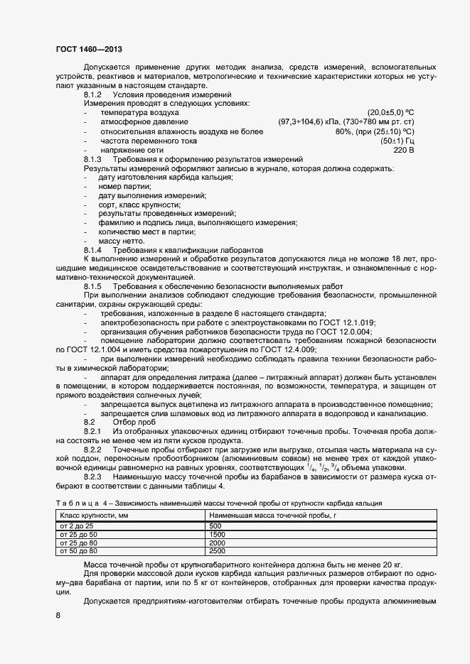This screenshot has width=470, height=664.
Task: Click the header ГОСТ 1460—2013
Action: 88,49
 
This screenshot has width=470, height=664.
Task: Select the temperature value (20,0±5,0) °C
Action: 390,113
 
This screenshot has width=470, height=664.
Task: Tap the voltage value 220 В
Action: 403,151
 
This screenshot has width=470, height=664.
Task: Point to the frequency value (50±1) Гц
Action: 397,141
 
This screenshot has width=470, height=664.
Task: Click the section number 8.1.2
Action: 93,94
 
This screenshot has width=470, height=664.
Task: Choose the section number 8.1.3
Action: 93,160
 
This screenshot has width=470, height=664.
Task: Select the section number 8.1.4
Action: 93,251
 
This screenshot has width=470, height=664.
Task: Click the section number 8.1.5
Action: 93,286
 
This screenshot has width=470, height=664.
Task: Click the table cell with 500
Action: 217,525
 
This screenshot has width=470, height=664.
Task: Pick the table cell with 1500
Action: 218,533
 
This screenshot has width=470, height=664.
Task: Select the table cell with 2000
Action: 218,542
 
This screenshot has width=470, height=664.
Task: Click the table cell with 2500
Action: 218,550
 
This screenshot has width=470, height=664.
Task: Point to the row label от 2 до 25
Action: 78,525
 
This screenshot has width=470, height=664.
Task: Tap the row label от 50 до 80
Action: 79,550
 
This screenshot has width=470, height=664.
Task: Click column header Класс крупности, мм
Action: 95,514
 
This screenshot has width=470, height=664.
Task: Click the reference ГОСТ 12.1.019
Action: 348,322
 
